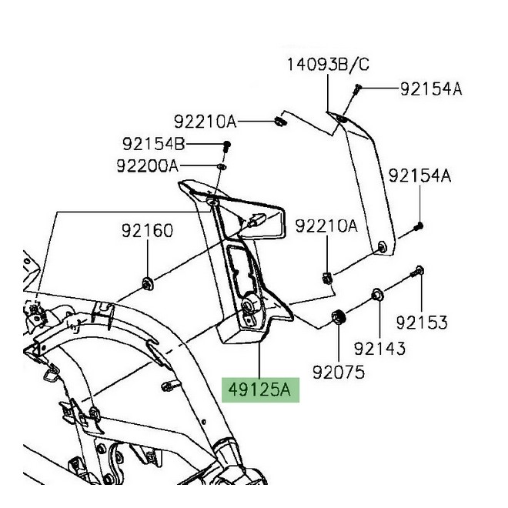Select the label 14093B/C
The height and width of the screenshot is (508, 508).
328,66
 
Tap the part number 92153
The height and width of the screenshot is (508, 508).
422,323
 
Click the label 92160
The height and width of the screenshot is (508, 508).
146,231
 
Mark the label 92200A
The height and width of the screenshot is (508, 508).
146,165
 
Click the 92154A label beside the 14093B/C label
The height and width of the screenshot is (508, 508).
430,89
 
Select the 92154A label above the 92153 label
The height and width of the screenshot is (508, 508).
419,176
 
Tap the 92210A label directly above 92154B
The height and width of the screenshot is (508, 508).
204,122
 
